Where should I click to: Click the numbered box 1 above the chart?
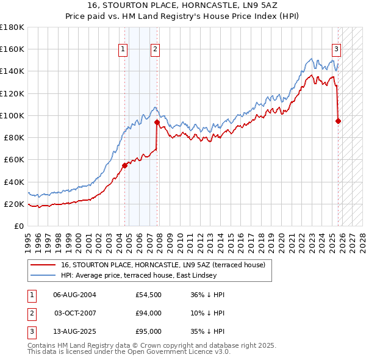coord(123,49)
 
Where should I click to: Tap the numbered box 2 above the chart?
coord(155,49)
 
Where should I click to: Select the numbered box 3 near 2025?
coord(336,49)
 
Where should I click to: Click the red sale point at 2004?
coord(124,165)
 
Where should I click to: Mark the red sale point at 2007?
coord(157,121)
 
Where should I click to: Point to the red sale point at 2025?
coord(338,120)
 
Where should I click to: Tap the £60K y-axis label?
coord(13,160)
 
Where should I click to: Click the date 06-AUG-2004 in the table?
coord(74,295)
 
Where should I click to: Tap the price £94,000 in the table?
coord(148,313)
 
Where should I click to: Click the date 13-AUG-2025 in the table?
coord(74,332)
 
